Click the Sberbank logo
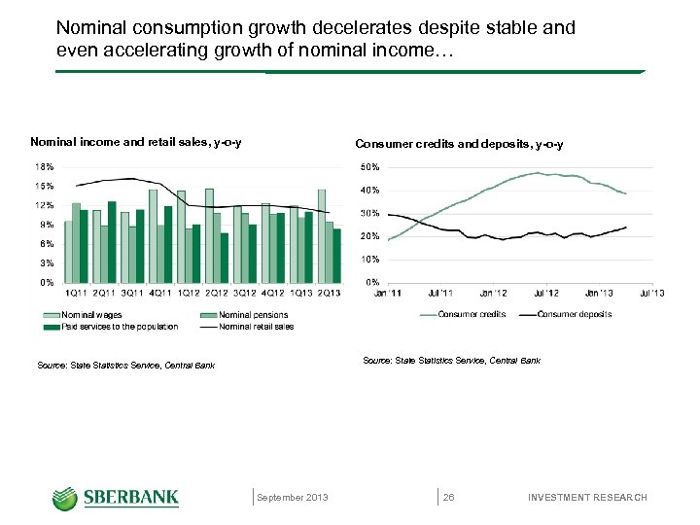pos(116,497)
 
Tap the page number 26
pos(448,498)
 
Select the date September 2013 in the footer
pos(293,498)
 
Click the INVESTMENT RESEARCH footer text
pos(586,498)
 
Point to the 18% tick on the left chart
pos(44,167)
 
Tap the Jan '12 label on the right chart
pos(493,293)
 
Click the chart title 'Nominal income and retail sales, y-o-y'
pos(136,144)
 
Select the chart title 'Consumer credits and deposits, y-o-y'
pos(459,144)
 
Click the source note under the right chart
pos(451,361)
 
